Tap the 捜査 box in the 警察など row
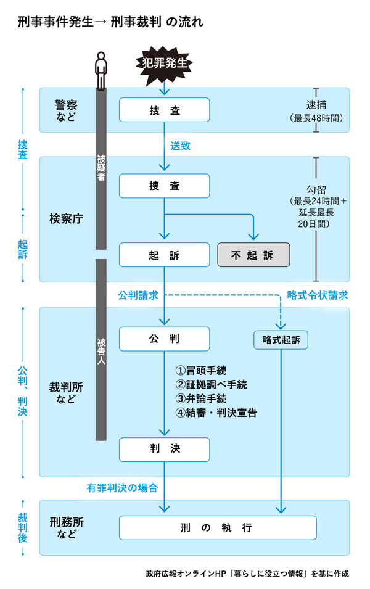tap(164, 110)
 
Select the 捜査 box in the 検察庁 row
tap(164, 186)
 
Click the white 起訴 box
tap(164, 255)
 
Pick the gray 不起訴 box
tap(253, 255)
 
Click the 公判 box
tap(164, 339)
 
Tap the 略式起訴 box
tap(281, 339)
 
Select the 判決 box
tap(164, 450)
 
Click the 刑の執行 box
tap(218, 528)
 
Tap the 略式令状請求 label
tap(318, 295)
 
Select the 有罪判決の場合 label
tap(122, 488)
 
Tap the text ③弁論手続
tap(201, 398)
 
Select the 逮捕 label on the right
tap(315, 104)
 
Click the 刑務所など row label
tap(67, 528)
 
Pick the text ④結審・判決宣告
tap(215, 413)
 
